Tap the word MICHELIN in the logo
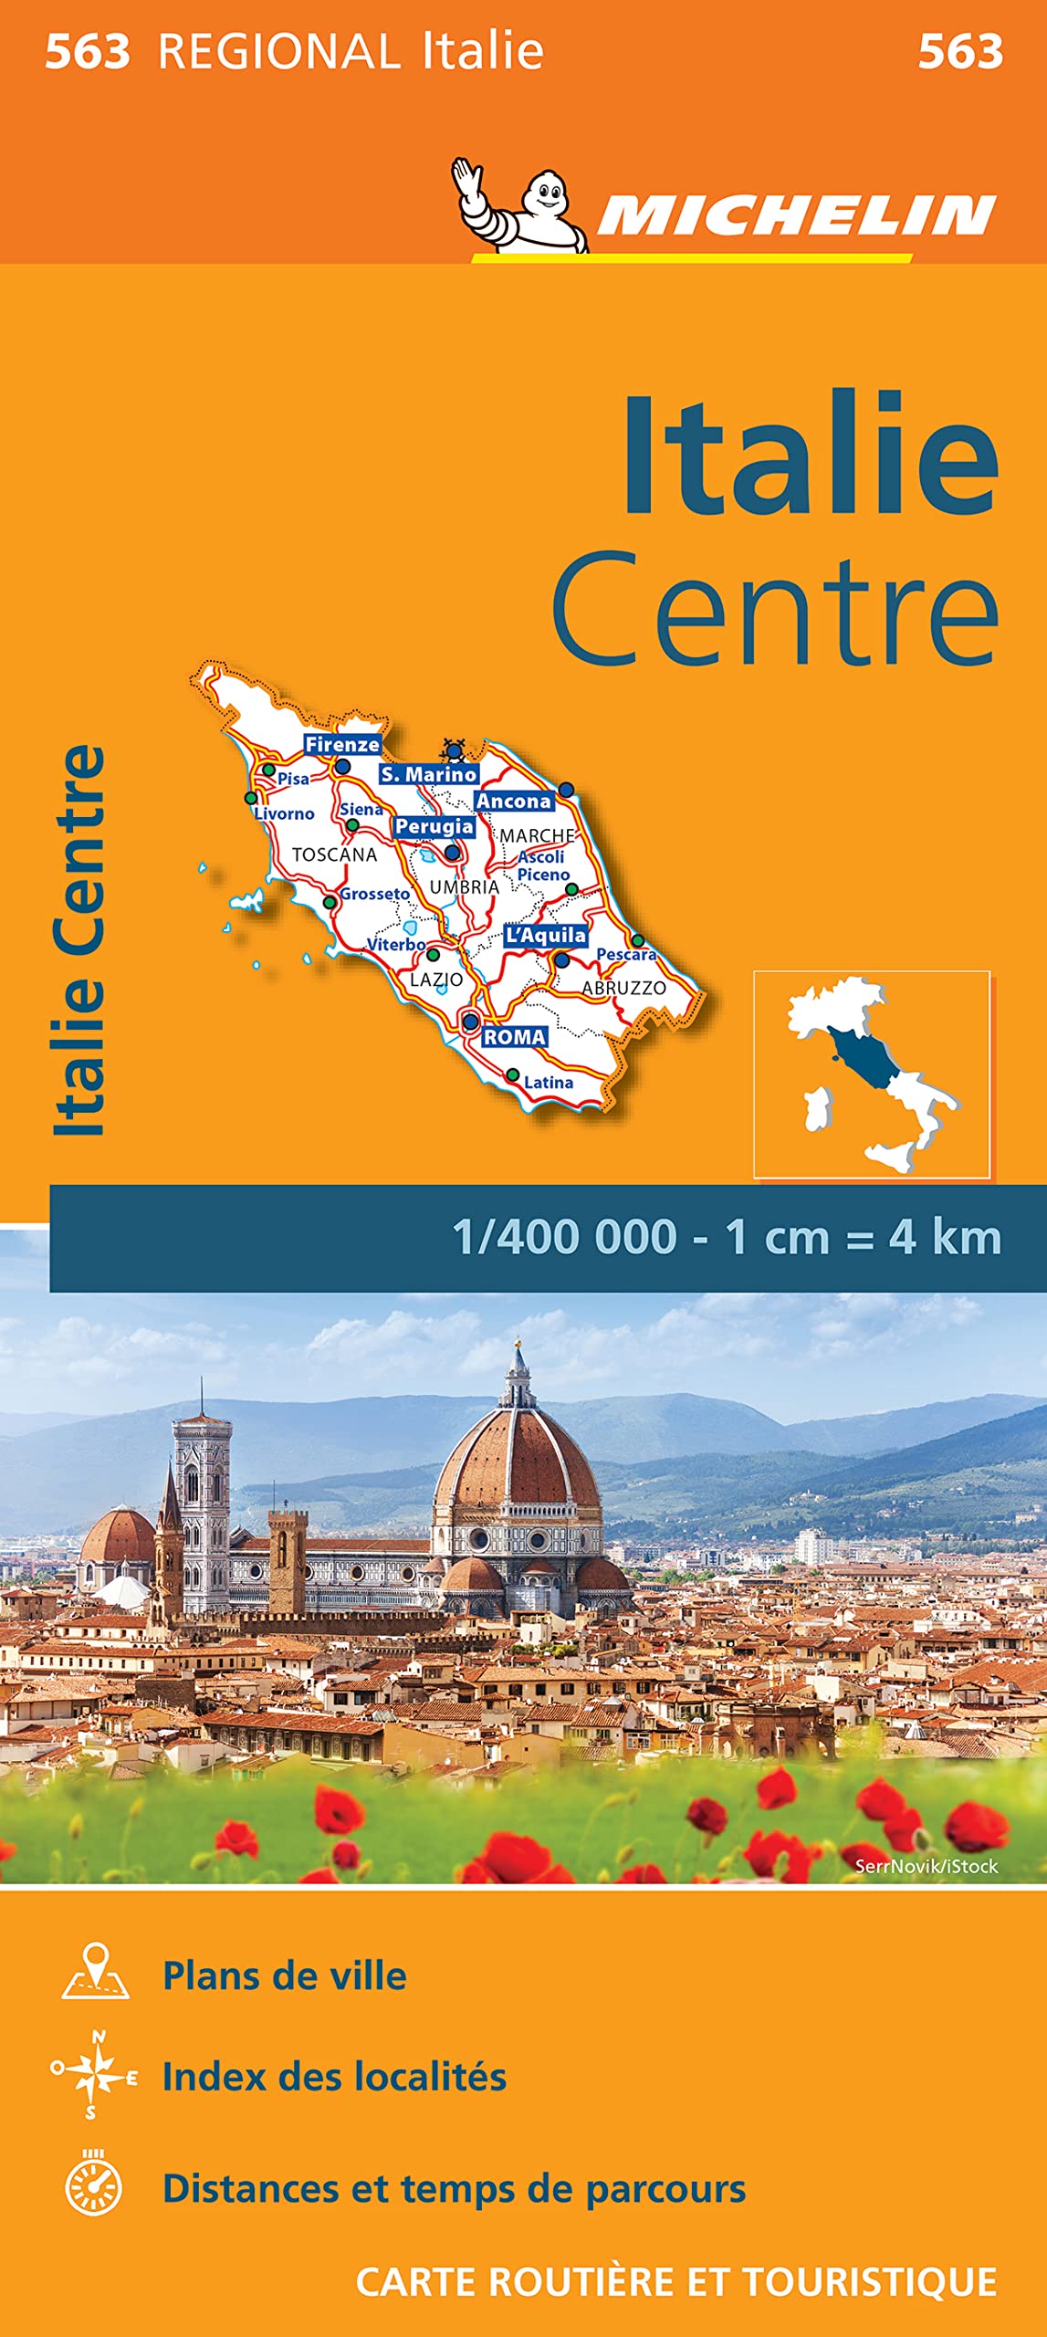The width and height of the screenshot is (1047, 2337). coord(796,217)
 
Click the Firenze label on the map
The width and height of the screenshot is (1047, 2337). coord(342,744)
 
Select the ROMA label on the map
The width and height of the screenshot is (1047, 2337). coord(514,1037)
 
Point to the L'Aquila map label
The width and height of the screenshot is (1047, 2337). coord(546,936)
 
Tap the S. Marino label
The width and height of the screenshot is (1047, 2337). coord(428,774)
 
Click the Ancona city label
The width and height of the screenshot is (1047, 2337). coord(514,801)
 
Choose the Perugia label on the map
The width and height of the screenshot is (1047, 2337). coord(434,826)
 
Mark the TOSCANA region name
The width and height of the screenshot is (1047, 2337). coord(334,854)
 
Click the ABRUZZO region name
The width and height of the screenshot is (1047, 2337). coord(624,988)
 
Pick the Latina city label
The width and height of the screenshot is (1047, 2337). coord(549,1083)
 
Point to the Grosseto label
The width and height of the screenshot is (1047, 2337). coord(375,894)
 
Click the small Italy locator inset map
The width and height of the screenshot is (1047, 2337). coord(871,1074)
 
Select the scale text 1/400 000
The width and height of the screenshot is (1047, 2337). coord(564,1238)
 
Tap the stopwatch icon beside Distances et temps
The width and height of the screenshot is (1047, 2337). coord(94,2187)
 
